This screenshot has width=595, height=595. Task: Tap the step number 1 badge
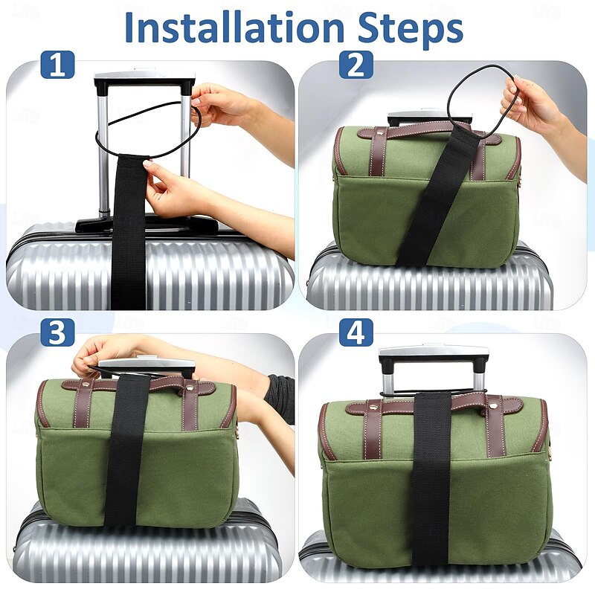click(57, 64)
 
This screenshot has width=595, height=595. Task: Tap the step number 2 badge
click(356, 64)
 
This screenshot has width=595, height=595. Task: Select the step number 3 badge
click(57, 333)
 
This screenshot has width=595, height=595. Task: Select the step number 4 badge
click(356, 333)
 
